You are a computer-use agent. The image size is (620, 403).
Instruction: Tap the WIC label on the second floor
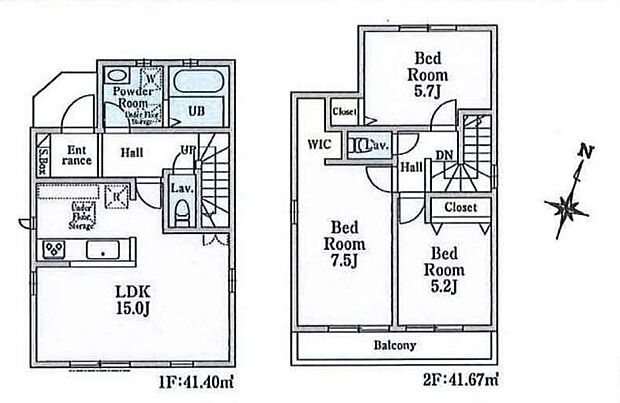(318, 143)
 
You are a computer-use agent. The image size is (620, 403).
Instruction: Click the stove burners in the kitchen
(52, 248)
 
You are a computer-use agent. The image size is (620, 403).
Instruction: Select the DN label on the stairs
(444, 155)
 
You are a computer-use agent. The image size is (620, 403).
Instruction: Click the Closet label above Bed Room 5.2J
(460, 208)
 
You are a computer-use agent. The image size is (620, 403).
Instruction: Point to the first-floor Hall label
(133, 155)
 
